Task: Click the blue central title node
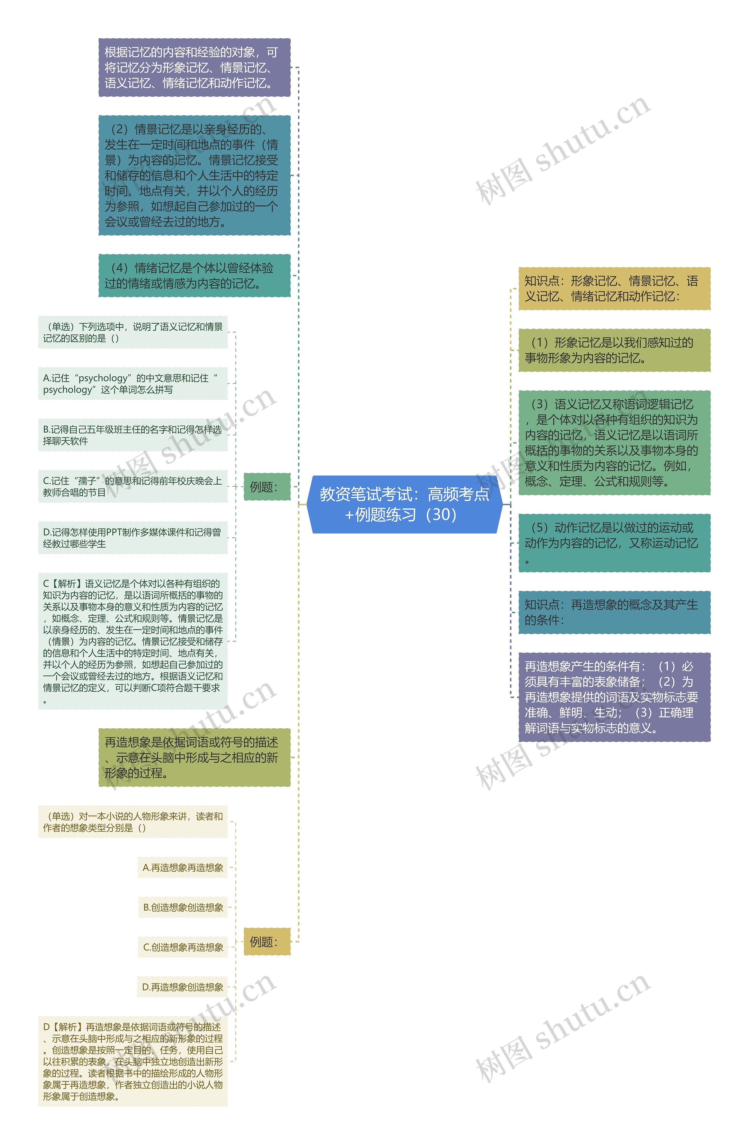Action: point(404,504)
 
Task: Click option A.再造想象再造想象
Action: point(183,867)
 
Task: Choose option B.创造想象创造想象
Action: point(183,907)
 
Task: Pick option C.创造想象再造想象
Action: point(183,947)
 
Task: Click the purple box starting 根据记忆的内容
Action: point(194,67)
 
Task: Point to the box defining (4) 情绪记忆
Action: point(194,276)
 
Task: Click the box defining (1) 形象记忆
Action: point(614,350)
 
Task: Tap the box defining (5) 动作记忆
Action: point(614,543)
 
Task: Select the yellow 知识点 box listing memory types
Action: point(614,289)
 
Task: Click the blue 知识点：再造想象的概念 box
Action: point(614,612)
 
